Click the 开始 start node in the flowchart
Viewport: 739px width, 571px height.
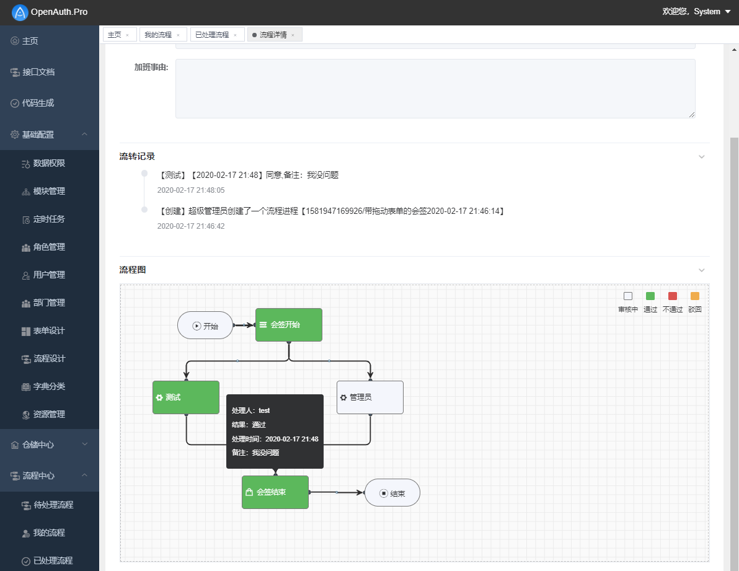(205, 325)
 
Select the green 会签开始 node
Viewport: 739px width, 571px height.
(289, 325)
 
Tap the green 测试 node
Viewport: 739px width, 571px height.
(186, 397)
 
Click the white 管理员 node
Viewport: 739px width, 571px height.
(370, 397)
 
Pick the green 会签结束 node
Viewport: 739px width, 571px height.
(275, 492)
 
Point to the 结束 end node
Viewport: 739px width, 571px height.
(392, 493)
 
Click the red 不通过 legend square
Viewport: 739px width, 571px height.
(673, 296)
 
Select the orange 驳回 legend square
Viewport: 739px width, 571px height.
(695, 296)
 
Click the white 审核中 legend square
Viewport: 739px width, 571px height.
(628, 296)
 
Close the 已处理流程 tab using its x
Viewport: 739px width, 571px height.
(235, 35)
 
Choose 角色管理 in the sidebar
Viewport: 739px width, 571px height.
(49, 247)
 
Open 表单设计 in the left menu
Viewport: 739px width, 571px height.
(49, 330)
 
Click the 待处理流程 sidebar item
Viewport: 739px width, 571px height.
(53, 505)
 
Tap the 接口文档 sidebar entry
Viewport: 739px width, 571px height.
(38, 72)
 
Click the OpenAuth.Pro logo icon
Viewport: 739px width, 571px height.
(20, 12)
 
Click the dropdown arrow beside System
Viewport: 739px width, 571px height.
(728, 12)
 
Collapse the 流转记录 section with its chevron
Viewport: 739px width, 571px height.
(701, 157)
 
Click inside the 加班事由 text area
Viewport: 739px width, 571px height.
(435, 89)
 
